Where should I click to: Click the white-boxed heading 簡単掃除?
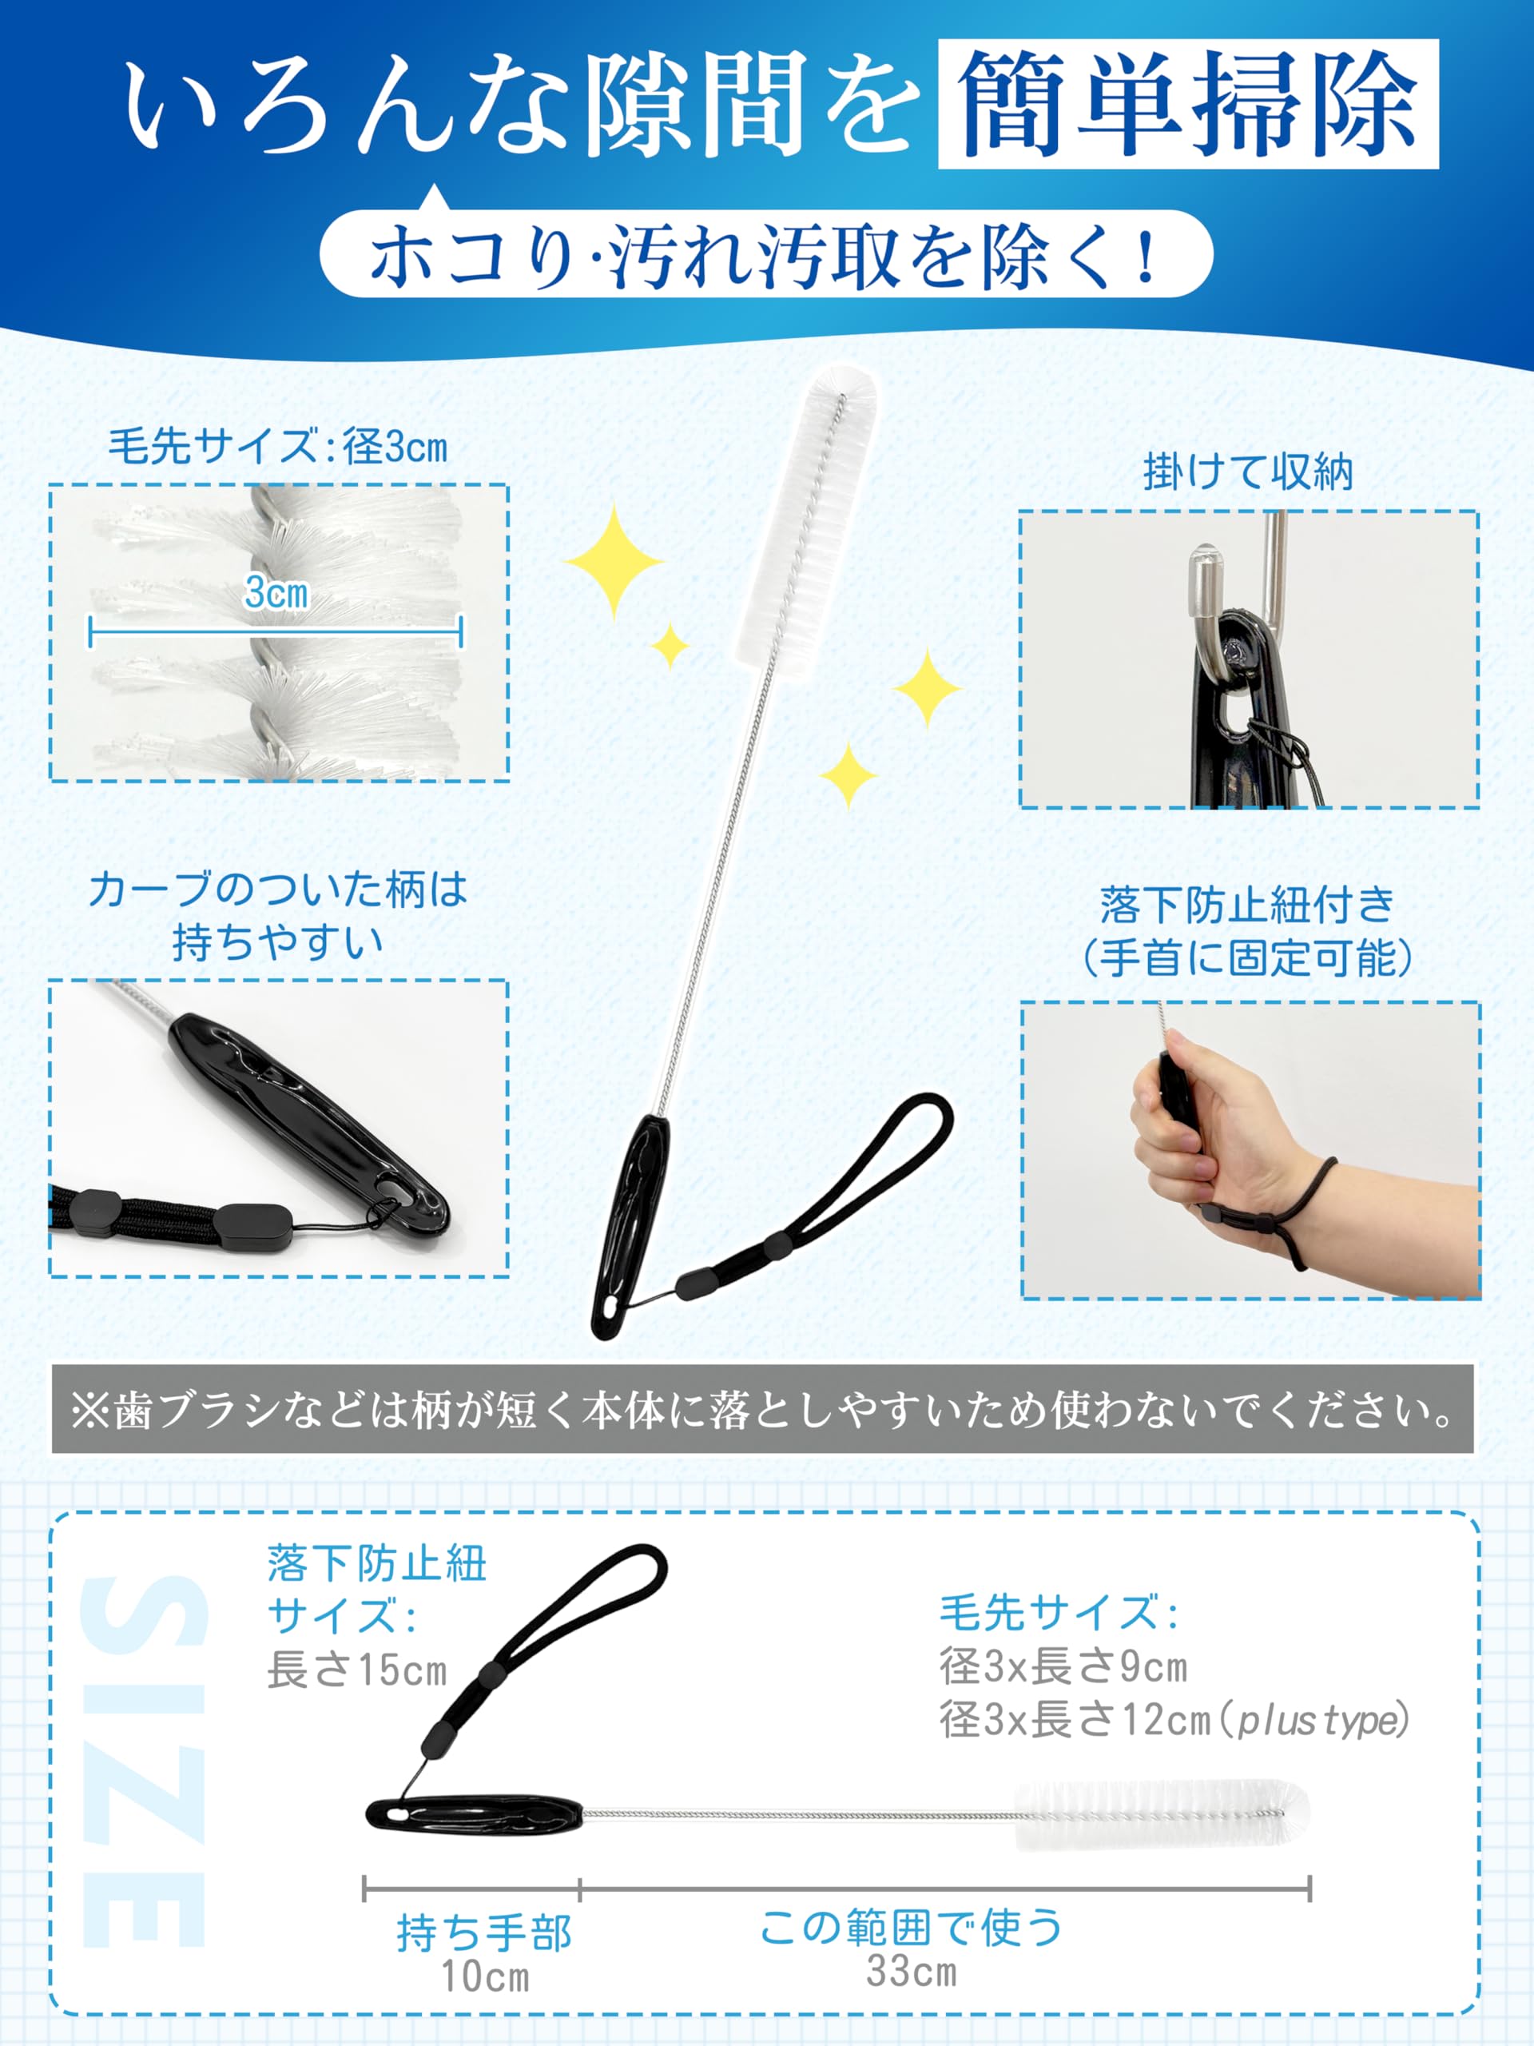pyautogui.click(x=1188, y=104)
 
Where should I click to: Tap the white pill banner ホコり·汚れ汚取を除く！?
pyautogui.click(x=765, y=254)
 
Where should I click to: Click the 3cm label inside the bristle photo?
pyautogui.click(x=276, y=592)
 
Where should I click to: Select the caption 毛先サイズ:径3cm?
pyautogui.click(x=277, y=448)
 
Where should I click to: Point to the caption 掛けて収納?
pyautogui.click(x=1248, y=472)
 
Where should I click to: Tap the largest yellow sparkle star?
pyautogui.click(x=613, y=560)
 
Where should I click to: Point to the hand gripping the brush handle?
pyautogui.click(x=1202, y=1138)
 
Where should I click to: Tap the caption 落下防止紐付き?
pyautogui.click(x=1248, y=905)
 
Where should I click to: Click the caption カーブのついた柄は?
pyautogui.click(x=277, y=890)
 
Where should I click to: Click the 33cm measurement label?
pyautogui.click(x=912, y=1971)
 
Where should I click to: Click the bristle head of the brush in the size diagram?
pyautogui.click(x=1163, y=1815)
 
